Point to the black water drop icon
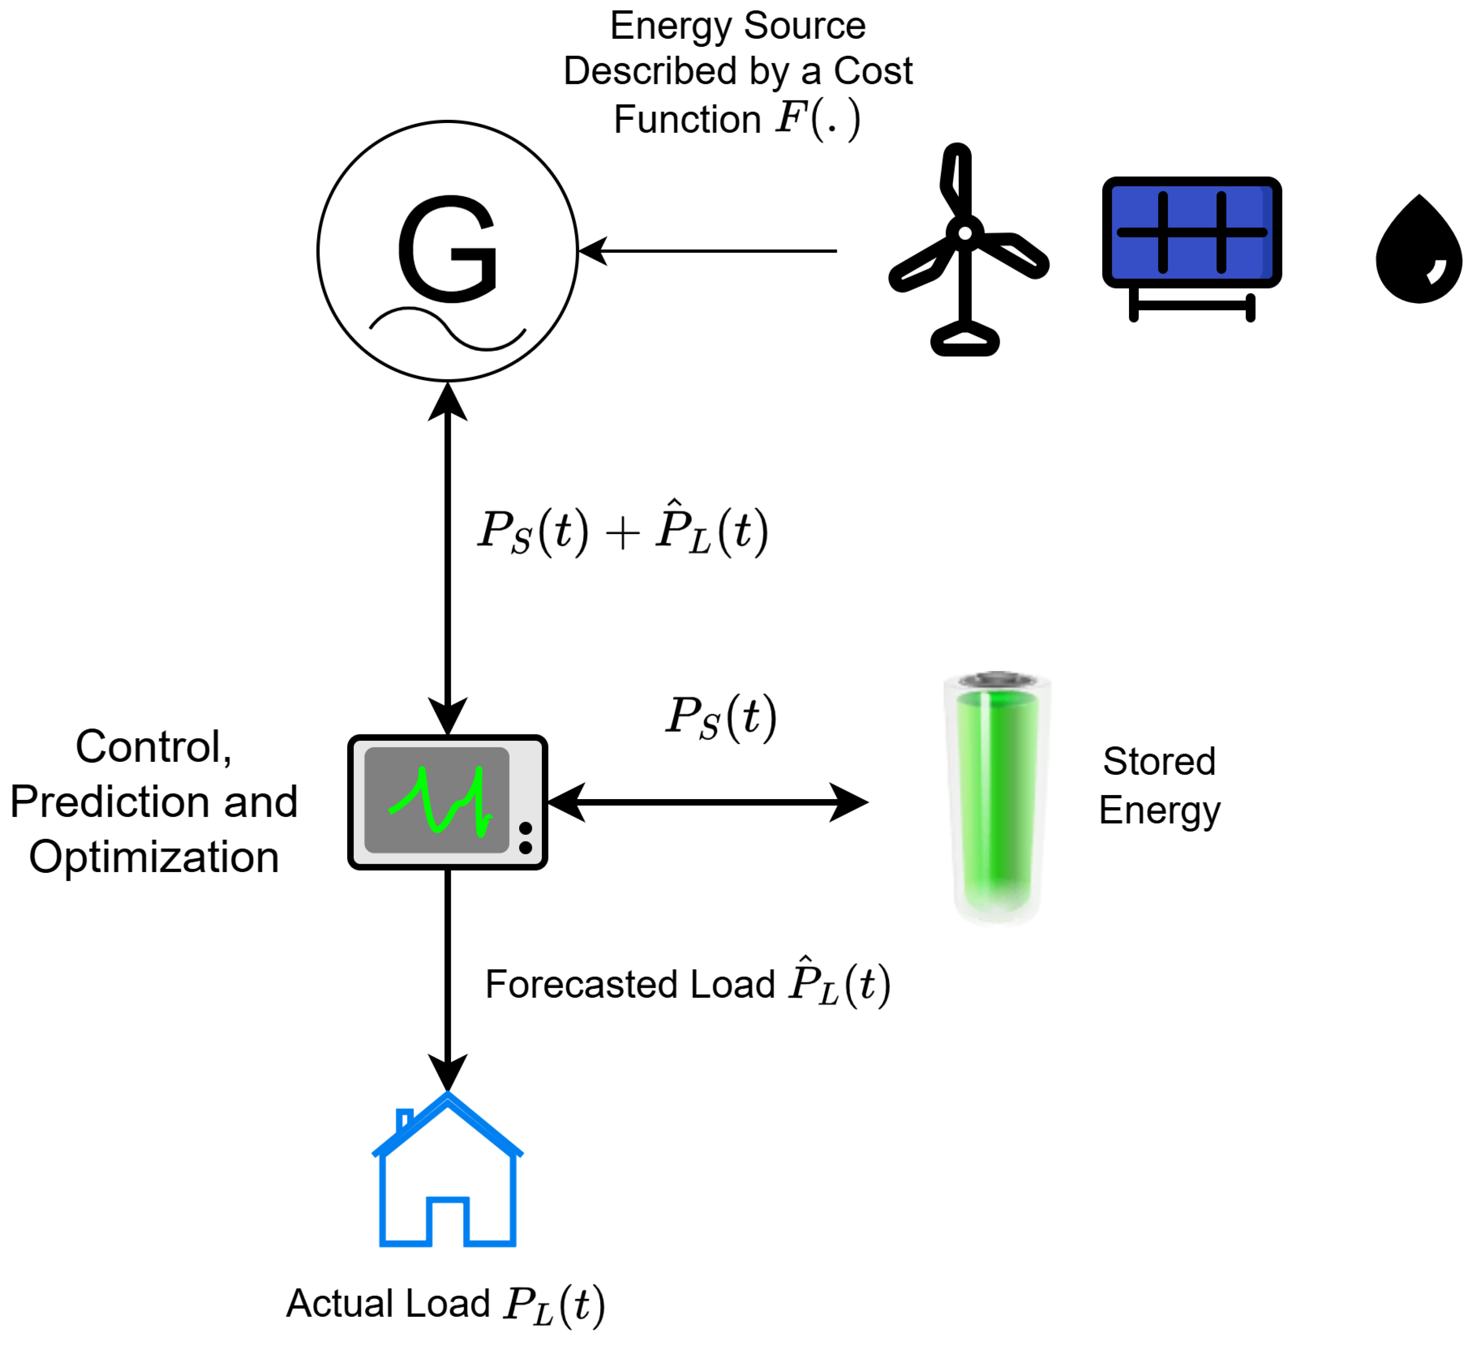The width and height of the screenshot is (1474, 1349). pyautogui.click(x=1418, y=252)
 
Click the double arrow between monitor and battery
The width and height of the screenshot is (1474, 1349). pyautogui.click(x=708, y=802)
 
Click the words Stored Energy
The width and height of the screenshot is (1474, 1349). pyautogui.click(x=1160, y=785)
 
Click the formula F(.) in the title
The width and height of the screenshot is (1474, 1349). pyautogui.click(x=817, y=118)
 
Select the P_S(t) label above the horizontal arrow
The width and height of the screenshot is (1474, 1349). pyautogui.click(x=720, y=717)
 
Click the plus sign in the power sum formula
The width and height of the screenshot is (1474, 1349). pyautogui.click(x=623, y=533)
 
